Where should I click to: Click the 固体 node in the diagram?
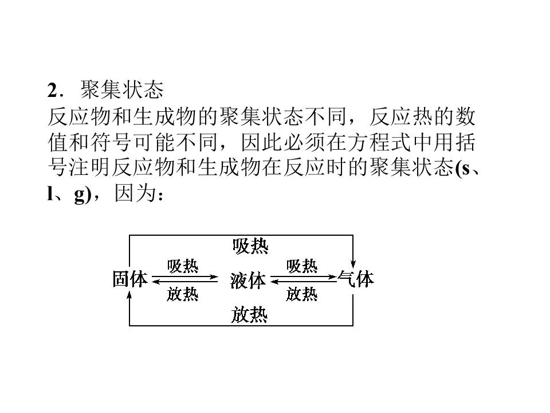(130, 279)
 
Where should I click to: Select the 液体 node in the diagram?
(247, 280)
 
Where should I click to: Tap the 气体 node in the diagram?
(356, 279)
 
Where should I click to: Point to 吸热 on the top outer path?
(250, 246)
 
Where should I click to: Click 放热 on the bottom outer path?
(249, 314)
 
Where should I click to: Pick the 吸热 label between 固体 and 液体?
(183, 266)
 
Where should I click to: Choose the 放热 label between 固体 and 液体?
(183, 294)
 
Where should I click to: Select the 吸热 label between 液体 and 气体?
(302, 266)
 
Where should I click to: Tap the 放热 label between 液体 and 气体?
(302, 294)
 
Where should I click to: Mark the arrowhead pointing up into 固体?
(129, 297)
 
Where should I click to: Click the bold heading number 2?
(52, 90)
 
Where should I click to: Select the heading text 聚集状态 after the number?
(122, 89)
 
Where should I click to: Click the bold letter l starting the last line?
(49, 193)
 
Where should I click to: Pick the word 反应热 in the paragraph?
(401, 117)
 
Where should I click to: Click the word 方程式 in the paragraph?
(368, 142)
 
